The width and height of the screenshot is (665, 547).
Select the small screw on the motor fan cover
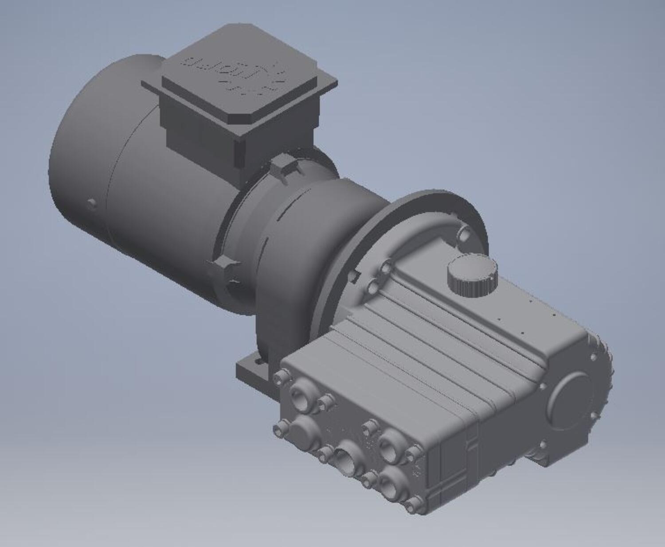tap(92, 204)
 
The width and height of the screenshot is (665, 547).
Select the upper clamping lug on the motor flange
tap(284, 167)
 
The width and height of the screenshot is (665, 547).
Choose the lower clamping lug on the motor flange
tap(224, 265)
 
